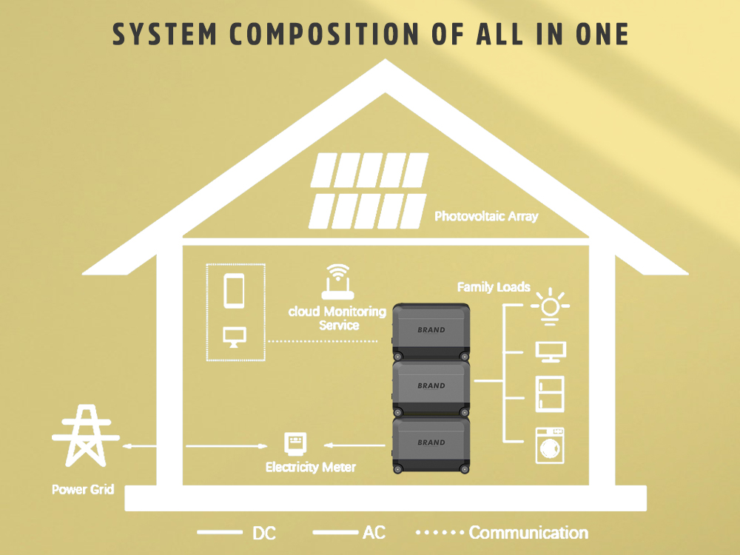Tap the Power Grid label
(x=83, y=490)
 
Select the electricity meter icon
(x=296, y=444)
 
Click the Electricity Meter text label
(x=311, y=468)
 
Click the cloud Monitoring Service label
(x=337, y=318)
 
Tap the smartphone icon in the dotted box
(x=235, y=291)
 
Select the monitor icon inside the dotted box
(x=235, y=337)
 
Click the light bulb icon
(x=550, y=307)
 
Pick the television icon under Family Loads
(x=550, y=351)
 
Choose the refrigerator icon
(x=550, y=394)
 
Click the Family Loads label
(x=494, y=287)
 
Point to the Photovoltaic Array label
(x=486, y=217)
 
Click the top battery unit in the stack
(x=431, y=332)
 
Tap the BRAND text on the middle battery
(x=431, y=386)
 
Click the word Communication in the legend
(x=528, y=533)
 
